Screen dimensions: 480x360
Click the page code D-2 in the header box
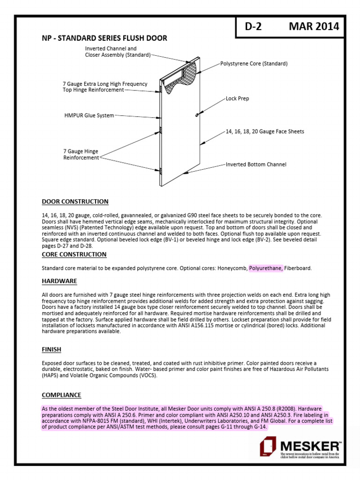click(x=254, y=27)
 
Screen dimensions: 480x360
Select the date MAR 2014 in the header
click(x=314, y=27)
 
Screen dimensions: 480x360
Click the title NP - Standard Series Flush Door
click(x=105, y=38)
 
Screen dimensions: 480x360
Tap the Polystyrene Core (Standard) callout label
click(x=254, y=63)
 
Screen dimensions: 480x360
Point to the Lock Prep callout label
click(x=237, y=99)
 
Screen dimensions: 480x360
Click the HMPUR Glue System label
click(x=89, y=115)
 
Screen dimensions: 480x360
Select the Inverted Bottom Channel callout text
click(x=256, y=165)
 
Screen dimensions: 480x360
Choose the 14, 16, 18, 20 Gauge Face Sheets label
click(x=265, y=132)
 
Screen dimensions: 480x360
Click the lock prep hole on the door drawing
click(x=197, y=113)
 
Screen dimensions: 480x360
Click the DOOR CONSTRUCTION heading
click(x=75, y=202)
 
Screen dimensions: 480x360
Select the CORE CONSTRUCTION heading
click(x=74, y=254)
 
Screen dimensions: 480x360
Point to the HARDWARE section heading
click(x=59, y=281)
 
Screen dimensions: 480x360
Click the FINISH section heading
click(x=52, y=350)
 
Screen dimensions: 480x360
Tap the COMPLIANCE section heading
click(x=61, y=395)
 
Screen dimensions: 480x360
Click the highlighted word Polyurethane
click(x=266, y=268)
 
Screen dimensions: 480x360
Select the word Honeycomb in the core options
click(x=232, y=268)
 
